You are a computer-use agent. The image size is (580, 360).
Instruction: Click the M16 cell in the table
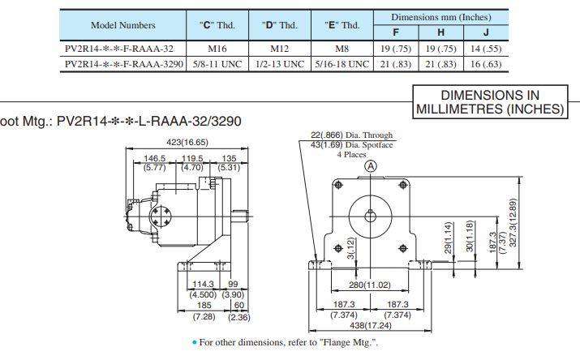point(217,48)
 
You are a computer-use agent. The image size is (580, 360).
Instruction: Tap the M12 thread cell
point(279,48)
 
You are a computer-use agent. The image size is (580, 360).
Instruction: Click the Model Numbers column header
point(123,25)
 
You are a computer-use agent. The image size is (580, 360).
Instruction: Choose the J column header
point(485,32)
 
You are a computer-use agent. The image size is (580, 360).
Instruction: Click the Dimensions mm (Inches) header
point(440,17)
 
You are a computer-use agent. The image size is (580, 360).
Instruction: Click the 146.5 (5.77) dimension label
point(155,163)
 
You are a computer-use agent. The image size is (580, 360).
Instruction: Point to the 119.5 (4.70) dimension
point(192,163)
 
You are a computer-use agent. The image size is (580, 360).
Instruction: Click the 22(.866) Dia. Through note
point(351,135)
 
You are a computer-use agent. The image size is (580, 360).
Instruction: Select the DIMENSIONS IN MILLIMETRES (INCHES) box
point(489,101)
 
